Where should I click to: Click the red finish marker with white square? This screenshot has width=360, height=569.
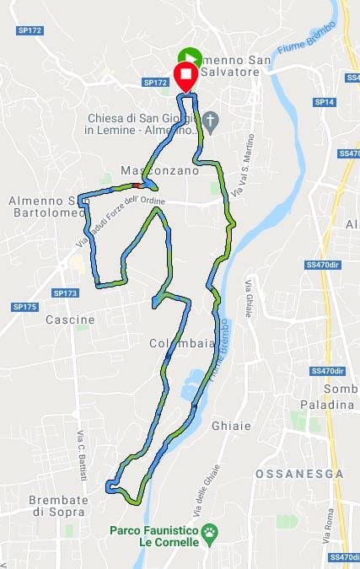[186, 76]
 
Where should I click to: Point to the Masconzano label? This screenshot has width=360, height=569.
[159, 170]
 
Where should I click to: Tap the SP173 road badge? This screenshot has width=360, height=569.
[65, 293]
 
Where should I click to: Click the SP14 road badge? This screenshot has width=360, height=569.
[325, 102]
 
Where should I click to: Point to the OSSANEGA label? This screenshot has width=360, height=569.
[299, 475]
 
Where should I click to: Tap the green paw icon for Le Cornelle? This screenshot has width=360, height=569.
[209, 531]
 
